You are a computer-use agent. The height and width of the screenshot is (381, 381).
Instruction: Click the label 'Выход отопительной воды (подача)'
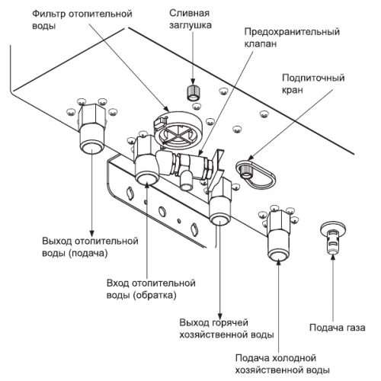(90, 247)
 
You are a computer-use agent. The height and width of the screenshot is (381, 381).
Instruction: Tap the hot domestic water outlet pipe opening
(219, 220)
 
